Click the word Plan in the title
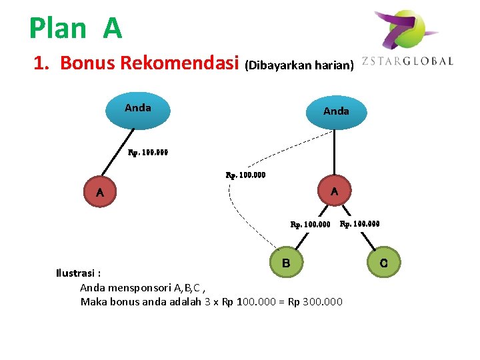point(58,28)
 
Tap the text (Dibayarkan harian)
point(299,65)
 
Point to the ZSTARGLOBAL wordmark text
point(407,61)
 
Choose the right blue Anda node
point(335,112)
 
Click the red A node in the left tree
point(99,193)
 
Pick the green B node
point(286,263)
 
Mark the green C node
point(384,263)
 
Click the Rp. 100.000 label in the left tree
point(148,152)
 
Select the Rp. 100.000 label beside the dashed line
point(245,175)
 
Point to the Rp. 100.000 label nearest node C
point(360,224)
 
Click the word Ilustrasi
point(75,273)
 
